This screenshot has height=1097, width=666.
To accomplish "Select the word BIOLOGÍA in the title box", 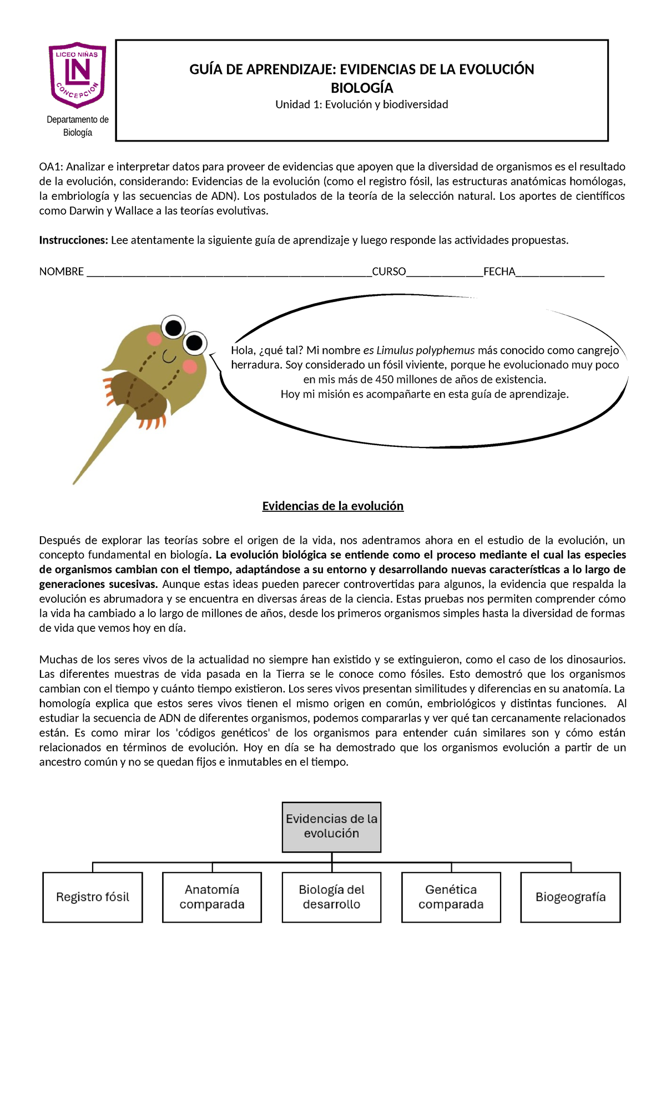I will [x=362, y=88].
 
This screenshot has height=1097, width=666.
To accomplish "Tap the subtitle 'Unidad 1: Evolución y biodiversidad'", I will [x=362, y=104].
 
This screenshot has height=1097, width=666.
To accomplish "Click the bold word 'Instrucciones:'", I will [x=73, y=240].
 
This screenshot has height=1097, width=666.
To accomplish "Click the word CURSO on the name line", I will [x=389, y=271].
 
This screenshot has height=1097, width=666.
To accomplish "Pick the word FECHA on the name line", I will [x=499, y=271].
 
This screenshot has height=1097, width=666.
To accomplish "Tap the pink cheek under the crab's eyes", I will [x=190, y=366].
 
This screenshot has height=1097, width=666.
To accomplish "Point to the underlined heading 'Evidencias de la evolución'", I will [x=332, y=506].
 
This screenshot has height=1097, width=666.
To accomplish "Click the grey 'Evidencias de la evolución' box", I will [x=331, y=827].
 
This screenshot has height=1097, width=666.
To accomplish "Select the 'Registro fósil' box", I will [x=93, y=897].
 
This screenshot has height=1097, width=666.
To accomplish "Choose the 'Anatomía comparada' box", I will [x=212, y=897].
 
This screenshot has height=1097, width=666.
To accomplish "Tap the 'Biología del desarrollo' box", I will [x=331, y=897].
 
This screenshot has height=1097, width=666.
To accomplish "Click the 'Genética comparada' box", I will [x=451, y=897].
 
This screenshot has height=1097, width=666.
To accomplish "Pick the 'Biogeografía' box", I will [x=571, y=897].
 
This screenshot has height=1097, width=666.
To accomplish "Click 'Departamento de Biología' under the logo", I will [x=77, y=126].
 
